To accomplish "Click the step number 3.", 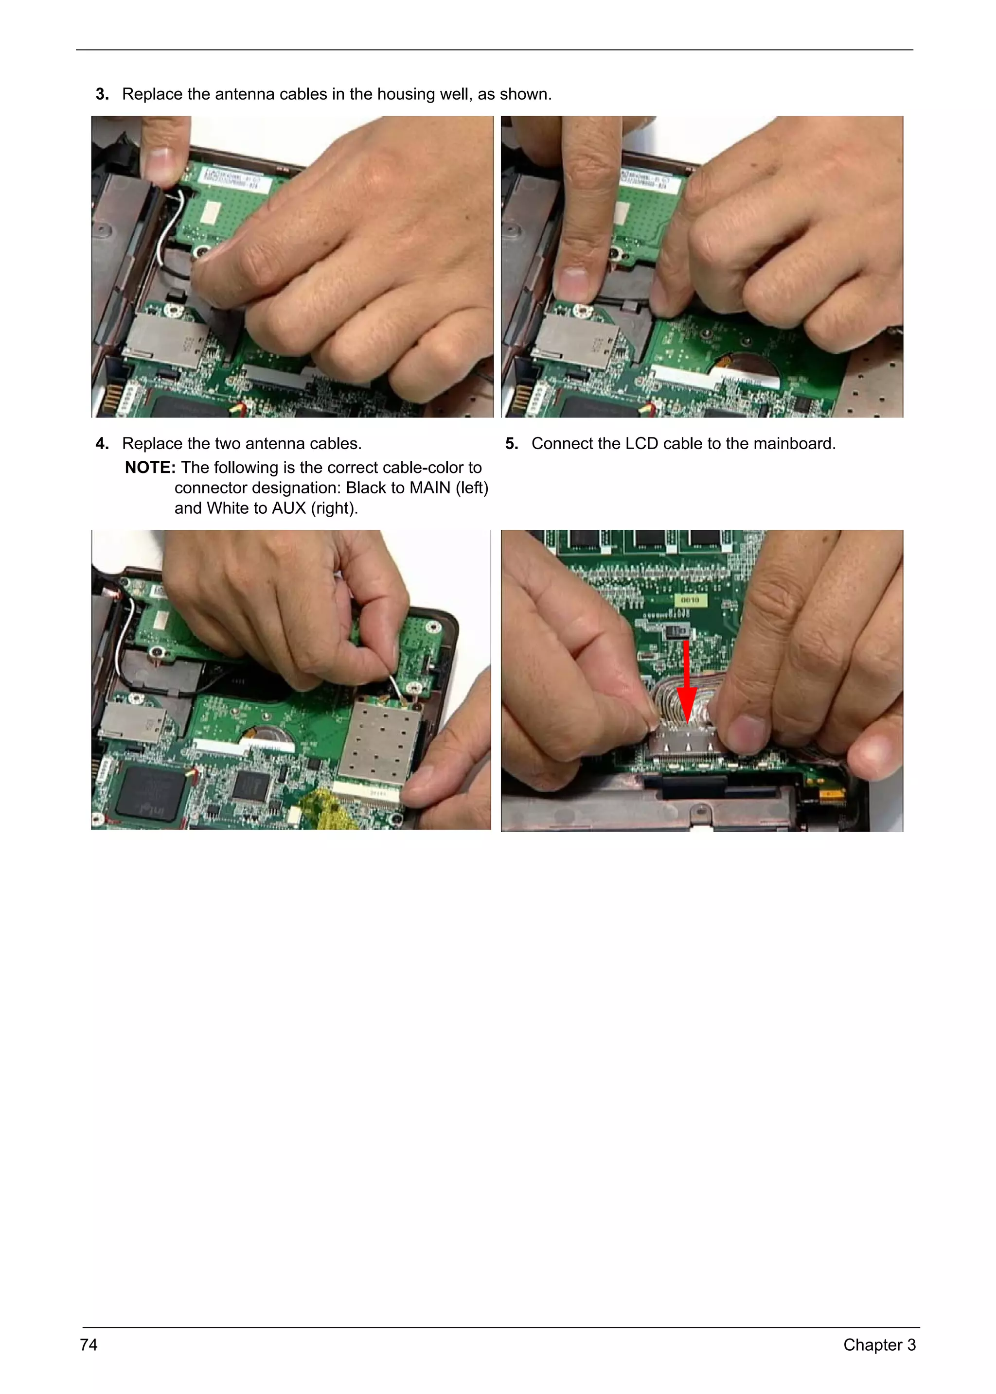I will coord(102,94).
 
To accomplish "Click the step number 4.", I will coord(102,444).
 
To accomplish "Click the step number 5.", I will coord(512,444).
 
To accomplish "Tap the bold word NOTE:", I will coord(150,468).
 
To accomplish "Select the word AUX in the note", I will coord(288,508).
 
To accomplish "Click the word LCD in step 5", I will coord(641,444).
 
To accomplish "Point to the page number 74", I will coord(89,1344).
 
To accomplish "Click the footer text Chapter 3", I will coord(879,1344).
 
